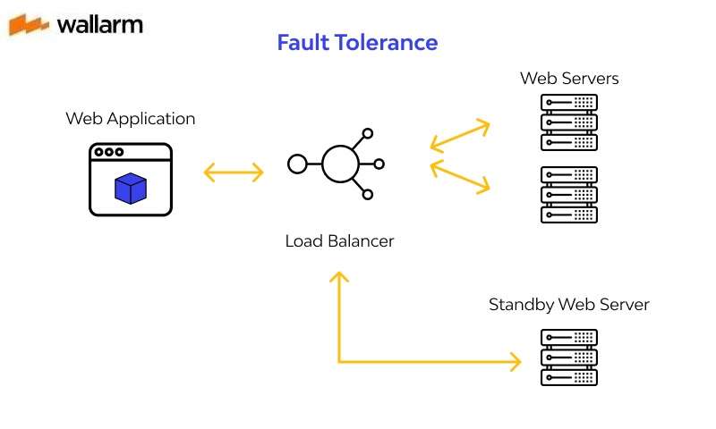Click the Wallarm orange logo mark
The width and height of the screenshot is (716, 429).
tap(30, 24)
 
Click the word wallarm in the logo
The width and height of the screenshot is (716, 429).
tap(99, 24)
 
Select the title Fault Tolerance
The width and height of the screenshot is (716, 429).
tap(357, 42)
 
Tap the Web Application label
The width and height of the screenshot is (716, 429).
tap(130, 118)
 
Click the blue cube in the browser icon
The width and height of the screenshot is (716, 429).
tap(130, 188)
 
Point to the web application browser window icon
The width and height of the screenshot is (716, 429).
tap(130, 180)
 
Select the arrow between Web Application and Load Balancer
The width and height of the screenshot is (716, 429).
tap(234, 172)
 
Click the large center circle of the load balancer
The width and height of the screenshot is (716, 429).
tap(340, 164)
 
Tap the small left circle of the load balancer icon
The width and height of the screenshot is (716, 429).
tap(297, 164)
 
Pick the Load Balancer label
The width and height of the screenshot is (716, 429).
tap(339, 240)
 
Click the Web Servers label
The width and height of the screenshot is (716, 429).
tap(569, 78)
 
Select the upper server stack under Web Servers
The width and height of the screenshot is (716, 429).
tap(569, 122)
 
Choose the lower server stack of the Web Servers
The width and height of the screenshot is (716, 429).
tap(569, 194)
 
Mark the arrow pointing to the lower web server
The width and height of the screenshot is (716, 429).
tap(461, 177)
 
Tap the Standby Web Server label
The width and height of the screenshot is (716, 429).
tap(568, 305)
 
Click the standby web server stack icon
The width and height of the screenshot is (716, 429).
tap(569, 357)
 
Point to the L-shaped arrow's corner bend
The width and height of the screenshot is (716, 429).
tap(339, 362)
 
